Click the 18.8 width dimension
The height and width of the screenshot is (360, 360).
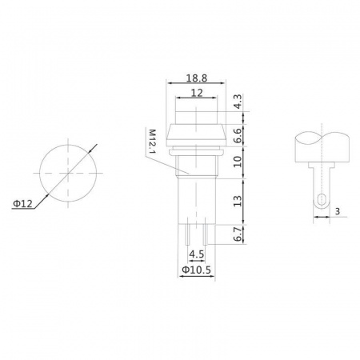click(197, 78)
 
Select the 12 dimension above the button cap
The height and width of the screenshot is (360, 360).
click(197, 93)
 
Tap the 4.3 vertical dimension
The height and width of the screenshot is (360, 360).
click(238, 102)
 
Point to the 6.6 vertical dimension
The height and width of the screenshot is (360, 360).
click(238, 135)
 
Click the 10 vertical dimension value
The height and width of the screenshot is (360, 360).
click(238, 162)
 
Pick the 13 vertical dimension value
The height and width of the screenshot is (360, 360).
click(238, 201)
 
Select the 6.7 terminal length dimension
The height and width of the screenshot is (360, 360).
click(238, 234)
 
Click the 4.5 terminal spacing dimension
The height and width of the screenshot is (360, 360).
click(197, 254)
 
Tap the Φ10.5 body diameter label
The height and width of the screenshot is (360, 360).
click(197, 270)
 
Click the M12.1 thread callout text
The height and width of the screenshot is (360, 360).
click(152, 142)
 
